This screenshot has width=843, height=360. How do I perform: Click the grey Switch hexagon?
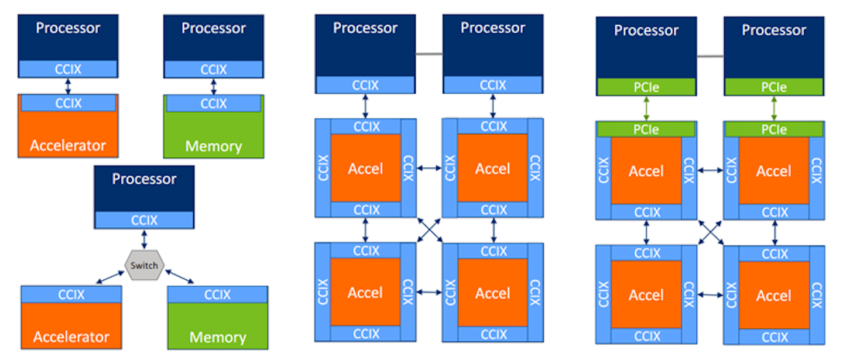click(144, 265)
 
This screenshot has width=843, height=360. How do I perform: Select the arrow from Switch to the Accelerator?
click(110, 277)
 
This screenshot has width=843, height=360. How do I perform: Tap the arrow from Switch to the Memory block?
click(180, 276)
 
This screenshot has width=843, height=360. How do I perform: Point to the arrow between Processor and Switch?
click(144, 239)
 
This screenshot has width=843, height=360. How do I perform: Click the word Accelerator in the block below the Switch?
click(71, 337)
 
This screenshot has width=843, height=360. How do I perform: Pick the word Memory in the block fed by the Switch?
click(218, 337)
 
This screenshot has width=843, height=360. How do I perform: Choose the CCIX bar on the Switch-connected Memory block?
click(218, 294)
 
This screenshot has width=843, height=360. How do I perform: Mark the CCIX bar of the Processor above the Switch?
click(144, 220)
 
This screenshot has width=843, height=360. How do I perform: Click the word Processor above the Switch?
click(144, 179)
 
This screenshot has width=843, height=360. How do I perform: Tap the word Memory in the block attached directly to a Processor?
click(213, 146)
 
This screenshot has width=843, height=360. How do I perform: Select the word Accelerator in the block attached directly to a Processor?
click(68, 146)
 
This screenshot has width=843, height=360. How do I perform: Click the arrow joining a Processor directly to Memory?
click(214, 87)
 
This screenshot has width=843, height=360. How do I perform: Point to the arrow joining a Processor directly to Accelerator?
click(68, 86)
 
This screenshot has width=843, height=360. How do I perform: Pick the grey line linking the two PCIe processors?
click(710, 56)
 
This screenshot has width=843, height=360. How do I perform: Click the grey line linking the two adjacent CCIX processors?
click(429, 54)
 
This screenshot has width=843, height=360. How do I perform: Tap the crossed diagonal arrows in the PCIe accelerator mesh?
click(710, 232)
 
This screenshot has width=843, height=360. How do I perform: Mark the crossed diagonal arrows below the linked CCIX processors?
click(429, 230)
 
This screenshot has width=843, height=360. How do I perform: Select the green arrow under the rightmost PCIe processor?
click(774, 108)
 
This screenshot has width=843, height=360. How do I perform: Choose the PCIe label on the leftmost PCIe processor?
click(646, 87)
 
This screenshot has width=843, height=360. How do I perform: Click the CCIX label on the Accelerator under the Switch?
click(71, 294)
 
